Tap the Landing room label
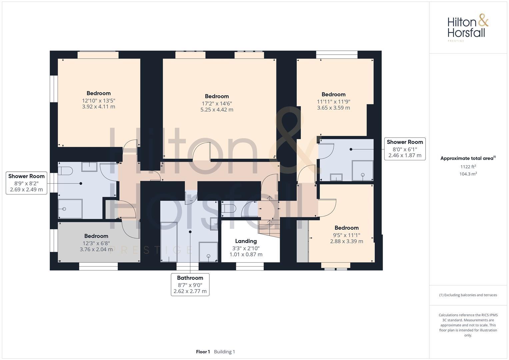tap(246, 241)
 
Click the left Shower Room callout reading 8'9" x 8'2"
tap(26, 183)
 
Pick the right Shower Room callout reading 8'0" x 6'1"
tap(405, 149)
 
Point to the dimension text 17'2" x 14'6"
tap(217, 103)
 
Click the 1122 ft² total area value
tap(468, 167)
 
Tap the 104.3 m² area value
tap(468, 174)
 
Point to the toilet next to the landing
tap(229, 209)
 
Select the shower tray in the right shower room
tap(363, 171)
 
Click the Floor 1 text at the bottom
tap(203, 352)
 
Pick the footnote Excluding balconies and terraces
tap(468, 295)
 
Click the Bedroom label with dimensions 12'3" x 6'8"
tap(96, 236)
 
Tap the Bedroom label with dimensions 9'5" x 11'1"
tap(346, 228)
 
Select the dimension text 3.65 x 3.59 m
tap(333, 108)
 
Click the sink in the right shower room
tap(336, 177)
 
